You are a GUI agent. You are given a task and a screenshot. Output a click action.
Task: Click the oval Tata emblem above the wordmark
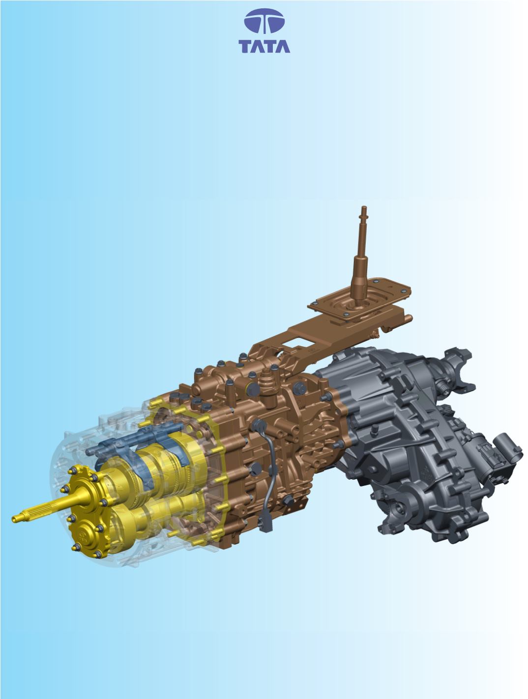coord(264,21)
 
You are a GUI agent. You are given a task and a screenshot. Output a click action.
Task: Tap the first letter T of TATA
coord(245,46)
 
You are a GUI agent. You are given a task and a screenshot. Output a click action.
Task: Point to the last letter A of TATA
coord(283,46)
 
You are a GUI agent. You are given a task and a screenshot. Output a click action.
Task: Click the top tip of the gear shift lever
coord(364,207)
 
